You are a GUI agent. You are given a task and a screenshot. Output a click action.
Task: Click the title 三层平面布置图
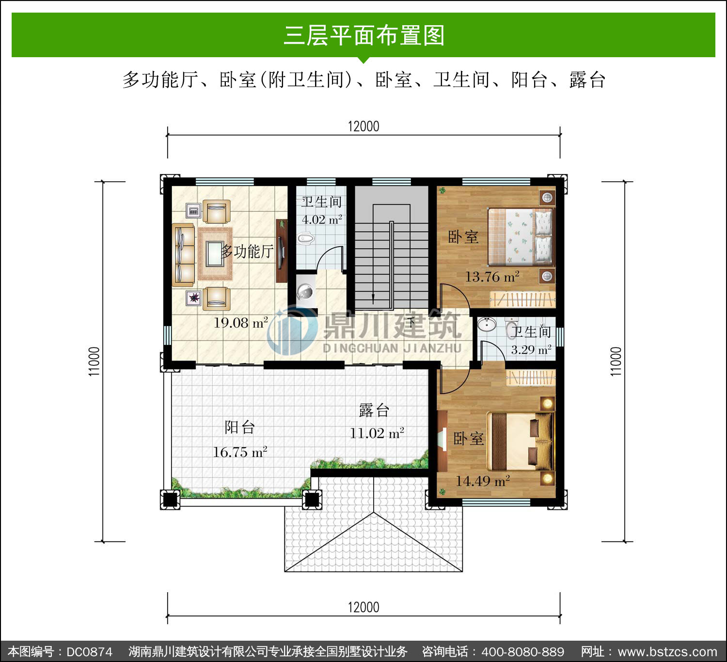363,35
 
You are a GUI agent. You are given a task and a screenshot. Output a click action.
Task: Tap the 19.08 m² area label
241,322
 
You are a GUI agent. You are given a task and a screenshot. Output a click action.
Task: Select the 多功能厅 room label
247,251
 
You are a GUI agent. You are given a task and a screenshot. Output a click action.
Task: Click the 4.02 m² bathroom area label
322,220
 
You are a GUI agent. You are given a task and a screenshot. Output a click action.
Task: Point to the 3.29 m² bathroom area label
531,349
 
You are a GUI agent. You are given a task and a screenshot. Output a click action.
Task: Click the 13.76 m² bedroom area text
492,277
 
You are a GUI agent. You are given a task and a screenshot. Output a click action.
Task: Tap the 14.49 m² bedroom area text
483,481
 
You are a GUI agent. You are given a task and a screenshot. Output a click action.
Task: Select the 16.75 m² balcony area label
240,452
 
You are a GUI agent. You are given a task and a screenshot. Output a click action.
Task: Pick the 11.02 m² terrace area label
377,433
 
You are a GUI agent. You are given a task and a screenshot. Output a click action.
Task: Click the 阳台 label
239,427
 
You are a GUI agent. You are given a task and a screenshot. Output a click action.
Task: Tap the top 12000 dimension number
363,126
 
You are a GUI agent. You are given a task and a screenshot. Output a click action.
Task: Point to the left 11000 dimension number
94,362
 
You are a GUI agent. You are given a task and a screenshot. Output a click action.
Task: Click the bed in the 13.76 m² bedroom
521,236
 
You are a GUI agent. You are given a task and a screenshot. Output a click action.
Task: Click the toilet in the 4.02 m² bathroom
306,239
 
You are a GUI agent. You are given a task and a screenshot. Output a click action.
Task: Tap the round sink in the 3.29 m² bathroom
487,324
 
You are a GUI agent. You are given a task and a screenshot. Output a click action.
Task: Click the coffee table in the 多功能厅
215,253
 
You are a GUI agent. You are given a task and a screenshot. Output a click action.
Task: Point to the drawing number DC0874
89,652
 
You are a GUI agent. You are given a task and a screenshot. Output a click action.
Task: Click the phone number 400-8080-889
522,652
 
